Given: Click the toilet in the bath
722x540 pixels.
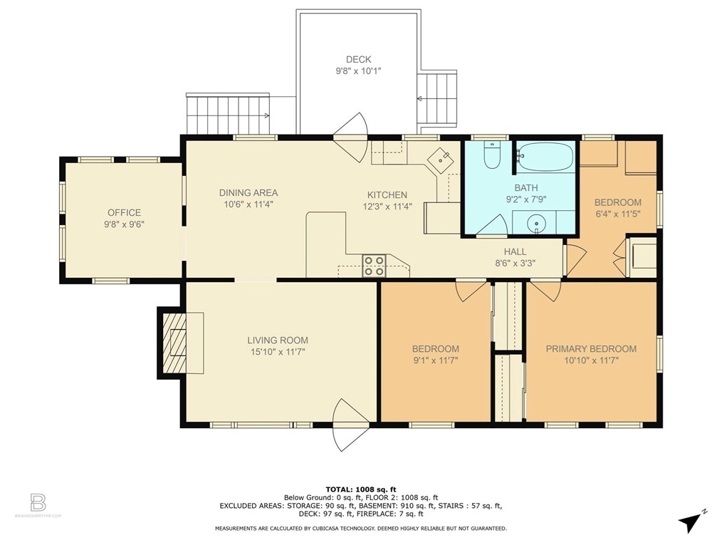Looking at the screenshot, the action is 492,155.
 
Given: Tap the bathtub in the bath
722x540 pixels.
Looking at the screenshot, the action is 545,157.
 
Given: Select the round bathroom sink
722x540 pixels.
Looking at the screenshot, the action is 536,224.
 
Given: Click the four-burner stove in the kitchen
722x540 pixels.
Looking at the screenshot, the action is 374,266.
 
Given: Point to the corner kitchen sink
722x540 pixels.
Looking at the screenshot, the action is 441,160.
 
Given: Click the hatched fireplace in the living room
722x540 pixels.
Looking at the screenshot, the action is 175,343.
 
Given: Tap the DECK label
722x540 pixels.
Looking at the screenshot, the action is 358,59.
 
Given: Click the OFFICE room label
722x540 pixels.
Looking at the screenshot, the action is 125,212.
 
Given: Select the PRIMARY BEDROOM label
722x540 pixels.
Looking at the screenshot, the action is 591,349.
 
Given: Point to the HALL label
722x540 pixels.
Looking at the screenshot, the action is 515,251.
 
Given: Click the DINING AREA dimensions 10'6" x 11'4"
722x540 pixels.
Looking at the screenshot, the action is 248,204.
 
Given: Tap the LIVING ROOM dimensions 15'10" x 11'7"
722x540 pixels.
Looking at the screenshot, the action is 278,351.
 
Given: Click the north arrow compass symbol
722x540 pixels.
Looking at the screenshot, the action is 691,521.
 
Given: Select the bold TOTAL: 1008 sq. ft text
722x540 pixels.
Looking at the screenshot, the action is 361,489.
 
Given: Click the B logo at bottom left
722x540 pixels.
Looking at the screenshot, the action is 38,502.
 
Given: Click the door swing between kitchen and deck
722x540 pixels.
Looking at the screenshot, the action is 351,137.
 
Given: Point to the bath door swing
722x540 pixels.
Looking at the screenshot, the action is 492,226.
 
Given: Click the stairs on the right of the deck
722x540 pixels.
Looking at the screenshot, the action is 437,98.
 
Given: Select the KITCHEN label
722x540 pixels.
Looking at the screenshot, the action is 387,195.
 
